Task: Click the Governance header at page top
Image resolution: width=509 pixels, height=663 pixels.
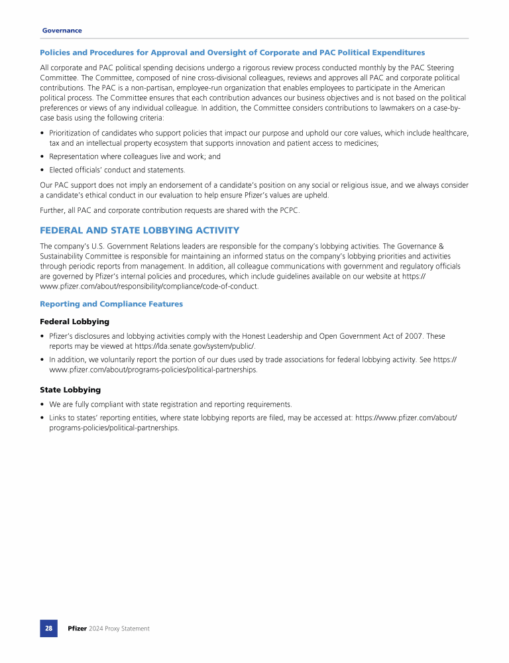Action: (x=62, y=30)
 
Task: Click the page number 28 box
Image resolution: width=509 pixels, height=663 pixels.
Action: (x=48, y=629)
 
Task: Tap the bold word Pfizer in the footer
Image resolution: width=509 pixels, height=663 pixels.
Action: (x=77, y=629)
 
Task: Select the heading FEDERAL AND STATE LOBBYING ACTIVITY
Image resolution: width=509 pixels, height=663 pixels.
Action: (x=139, y=230)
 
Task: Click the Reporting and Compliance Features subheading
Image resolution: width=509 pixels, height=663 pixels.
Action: (x=111, y=304)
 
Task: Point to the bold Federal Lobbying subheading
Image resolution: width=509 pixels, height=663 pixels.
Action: (x=75, y=322)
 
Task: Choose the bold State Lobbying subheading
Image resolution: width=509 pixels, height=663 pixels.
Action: (x=70, y=390)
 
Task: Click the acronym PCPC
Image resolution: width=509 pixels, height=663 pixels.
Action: (x=288, y=210)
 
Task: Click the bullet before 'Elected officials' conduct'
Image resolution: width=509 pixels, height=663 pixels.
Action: (x=42, y=170)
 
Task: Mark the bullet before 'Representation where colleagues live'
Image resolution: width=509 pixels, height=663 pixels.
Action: (x=42, y=157)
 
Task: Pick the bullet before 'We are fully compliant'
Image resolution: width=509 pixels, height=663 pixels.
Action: (x=42, y=404)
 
